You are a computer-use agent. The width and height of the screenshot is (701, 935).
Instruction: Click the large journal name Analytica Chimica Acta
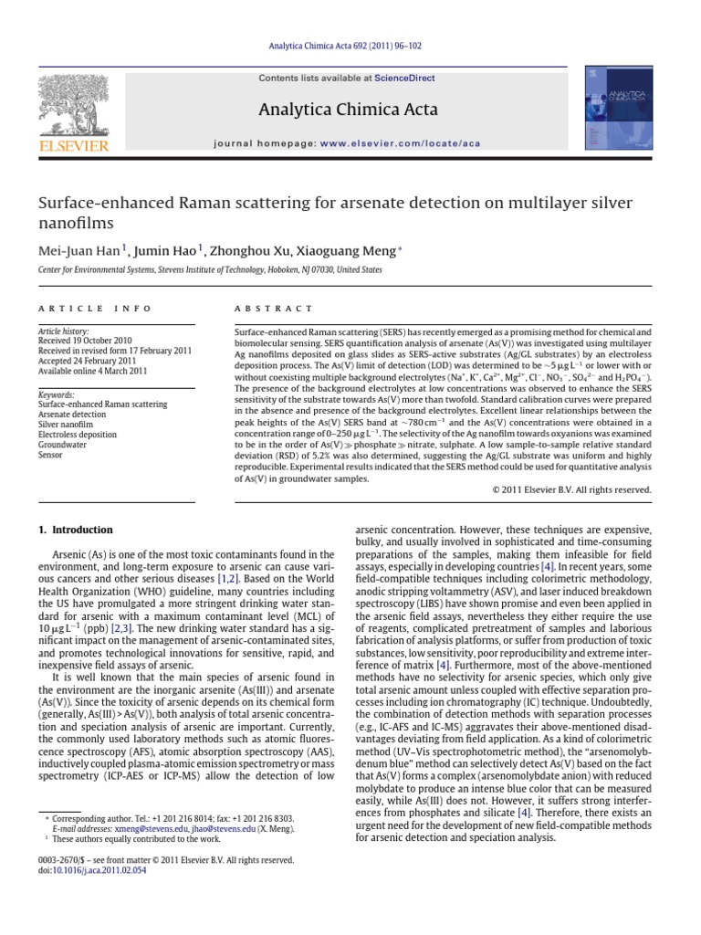pyautogui.click(x=350, y=110)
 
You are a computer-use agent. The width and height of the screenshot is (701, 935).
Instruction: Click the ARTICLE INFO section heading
pyautogui.click(x=77, y=310)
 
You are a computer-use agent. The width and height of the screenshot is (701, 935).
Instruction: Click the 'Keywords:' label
pyautogui.click(x=56, y=394)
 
